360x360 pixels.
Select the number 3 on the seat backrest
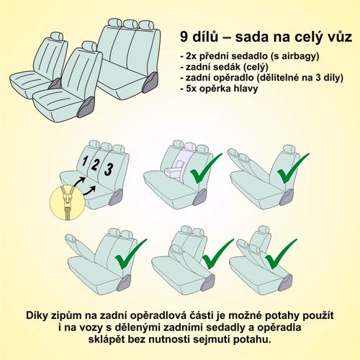point(109,169)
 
